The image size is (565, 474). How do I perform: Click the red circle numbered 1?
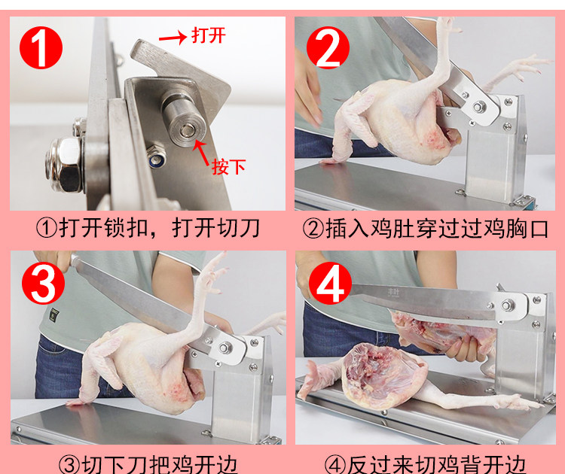pos(41,47)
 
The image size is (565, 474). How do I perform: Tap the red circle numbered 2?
pos(328,47)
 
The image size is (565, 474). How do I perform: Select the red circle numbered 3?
pos(43,283)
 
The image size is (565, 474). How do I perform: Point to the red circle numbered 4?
pos(330,283)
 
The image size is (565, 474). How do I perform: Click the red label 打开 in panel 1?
pos(208,35)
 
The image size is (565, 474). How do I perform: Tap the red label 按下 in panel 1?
pos(228,166)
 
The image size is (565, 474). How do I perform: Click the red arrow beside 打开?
pos(173,38)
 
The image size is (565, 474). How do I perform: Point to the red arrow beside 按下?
pos(201,152)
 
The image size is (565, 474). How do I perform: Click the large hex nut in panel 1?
pos(64,165)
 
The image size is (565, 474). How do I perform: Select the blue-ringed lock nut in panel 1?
pos(157,157)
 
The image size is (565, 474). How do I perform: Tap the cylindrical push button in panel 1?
pos(183,119)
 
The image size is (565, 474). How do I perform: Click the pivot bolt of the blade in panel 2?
pos(479,107)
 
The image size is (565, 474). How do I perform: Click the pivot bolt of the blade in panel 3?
pos(225,348)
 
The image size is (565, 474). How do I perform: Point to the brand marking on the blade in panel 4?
pos(393,292)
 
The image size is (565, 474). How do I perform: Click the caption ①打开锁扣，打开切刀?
pos(148,228)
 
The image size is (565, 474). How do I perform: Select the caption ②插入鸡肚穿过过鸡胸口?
pos(425,229)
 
